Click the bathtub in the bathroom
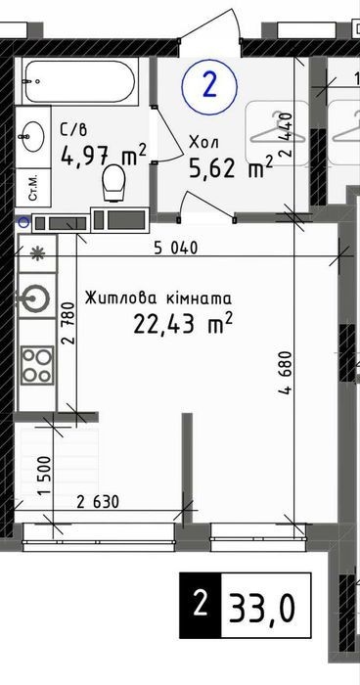(x=80, y=81)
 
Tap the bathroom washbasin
(x=32, y=135)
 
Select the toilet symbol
(x=113, y=183)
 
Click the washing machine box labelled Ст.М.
(x=33, y=191)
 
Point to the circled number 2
(x=209, y=86)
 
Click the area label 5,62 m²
(x=231, y=167)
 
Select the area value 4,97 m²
(x=104, y=155)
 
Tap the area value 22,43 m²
(x=182, y=324)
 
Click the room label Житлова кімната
(x=158, y=298)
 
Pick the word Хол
(x=203, y=142)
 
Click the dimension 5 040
(x=176, y=249)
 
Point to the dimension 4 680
(x=285, y=373)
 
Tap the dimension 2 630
(x=98, y=502)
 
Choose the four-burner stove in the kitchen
(x=37, y=365)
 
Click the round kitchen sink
(x=33, y=298)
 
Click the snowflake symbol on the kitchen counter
(x=37, y=252)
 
